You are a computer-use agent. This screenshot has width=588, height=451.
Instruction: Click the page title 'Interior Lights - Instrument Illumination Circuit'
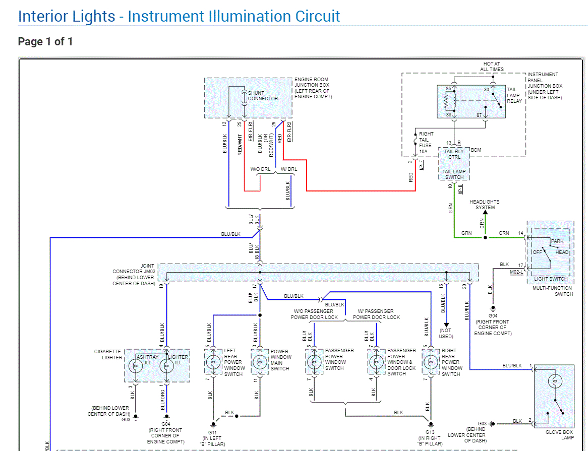click(x=179, y=16)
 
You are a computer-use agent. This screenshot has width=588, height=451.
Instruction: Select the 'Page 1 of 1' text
click(x=45, y=41)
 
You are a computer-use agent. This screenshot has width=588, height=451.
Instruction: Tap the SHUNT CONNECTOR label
click(x=263, y=96)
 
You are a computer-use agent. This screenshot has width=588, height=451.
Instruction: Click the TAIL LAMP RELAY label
click(x=514, y=95)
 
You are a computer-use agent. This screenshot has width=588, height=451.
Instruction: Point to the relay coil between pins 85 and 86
click(x=447, y=102)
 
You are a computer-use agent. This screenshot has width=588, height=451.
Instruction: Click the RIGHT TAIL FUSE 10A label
click(x=426, y=143)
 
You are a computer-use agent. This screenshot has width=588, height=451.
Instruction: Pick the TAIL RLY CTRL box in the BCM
click(x=454, y=154)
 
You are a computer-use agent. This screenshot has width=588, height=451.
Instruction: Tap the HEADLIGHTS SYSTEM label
click(x=485, y=205)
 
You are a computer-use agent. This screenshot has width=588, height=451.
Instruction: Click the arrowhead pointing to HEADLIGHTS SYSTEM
click(x=485, y=213)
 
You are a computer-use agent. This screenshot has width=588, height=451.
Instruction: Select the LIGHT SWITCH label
click(x=551, y=279)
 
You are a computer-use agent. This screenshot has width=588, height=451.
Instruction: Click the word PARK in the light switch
click(x=557, y=241)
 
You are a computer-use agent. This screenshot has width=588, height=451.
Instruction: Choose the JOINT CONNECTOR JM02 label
click(x=134, y=275)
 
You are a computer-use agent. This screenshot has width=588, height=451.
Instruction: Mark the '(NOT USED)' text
click(x=446, y=333)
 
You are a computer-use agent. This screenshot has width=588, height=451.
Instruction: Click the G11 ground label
click(x=213, y=432)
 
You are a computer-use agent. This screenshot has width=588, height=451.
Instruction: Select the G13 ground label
click(x=430, y=432)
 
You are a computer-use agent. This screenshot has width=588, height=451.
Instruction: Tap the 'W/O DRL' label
click(x=260, y=169)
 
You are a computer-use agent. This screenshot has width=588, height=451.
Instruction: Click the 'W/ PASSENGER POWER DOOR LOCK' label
click(x=376, y=314)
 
